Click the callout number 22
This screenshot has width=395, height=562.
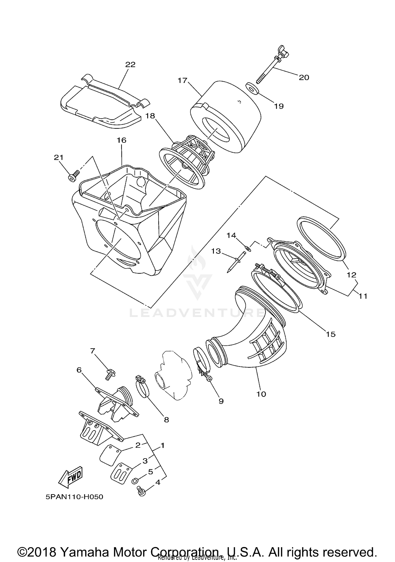click(130, 64)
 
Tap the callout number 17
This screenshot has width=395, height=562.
click(182, 80)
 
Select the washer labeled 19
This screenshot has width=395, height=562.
click(252, 88)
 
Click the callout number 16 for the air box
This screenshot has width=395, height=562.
click(122, 140)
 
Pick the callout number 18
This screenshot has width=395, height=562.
click(150, 116)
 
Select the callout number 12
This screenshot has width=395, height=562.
click(352, 275)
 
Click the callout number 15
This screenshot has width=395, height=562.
click(331, 334)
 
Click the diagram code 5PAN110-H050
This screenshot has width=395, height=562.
click(74, 497)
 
